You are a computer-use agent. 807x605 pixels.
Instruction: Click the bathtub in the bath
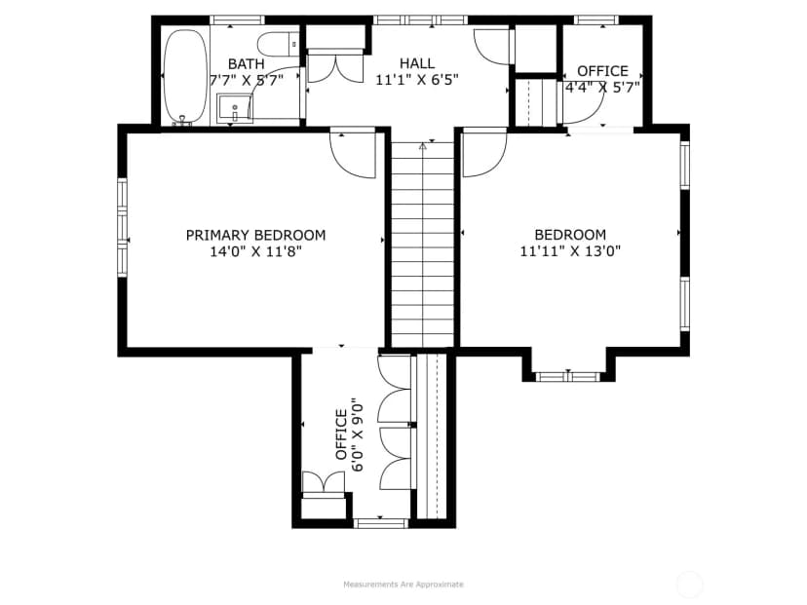pos(186,76)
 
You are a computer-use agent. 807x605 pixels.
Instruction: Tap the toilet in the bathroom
pos(278,44)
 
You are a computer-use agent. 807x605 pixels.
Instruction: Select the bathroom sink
pos(235,108)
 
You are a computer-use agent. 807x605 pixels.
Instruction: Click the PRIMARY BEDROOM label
pos(255,235)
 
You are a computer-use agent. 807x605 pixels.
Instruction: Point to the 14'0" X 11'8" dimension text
pos(255,251)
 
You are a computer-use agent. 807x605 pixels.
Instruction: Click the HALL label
pos(417,63)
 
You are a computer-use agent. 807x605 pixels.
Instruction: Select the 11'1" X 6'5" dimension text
pos(417,80)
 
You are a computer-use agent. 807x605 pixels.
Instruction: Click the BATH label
pos(246,64)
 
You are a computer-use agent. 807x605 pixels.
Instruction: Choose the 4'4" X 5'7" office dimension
pos(602,87)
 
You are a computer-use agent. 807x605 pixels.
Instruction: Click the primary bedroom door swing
pos(353,155)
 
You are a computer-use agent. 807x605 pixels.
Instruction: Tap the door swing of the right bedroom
pos(484,154)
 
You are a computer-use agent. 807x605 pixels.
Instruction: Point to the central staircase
pos(423,245)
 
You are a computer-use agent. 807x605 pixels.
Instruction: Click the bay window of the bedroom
pos(568,377)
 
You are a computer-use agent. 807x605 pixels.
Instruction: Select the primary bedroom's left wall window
pos(122,228)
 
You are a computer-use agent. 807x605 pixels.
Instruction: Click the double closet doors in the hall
pos(335,68)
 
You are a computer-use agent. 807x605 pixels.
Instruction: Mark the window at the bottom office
pos(381,524)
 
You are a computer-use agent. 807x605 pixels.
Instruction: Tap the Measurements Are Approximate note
pos(403,585)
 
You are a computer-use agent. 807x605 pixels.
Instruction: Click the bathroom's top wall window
pos(237,20)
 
